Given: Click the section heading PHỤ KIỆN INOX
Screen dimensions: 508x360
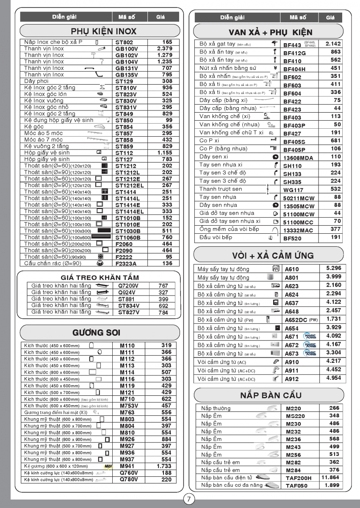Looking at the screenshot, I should (103, 31).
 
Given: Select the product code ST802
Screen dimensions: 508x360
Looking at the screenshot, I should (124, 42).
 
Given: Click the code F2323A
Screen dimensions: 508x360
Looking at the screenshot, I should (126, 263).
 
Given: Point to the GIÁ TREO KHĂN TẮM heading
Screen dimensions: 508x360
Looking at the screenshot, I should (100, 278).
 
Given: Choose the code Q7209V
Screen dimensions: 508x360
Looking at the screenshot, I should (129, 286).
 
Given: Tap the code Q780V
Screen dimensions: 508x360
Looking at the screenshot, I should (129, 480).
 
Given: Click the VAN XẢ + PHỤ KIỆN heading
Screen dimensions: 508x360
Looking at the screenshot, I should (271, 32).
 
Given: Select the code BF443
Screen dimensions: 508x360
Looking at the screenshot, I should (292, 45).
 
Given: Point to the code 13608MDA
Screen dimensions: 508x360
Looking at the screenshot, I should (298, 157).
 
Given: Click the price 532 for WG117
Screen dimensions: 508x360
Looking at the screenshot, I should (335, 189).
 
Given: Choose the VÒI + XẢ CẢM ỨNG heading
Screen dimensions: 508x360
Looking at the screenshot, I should (273, 255).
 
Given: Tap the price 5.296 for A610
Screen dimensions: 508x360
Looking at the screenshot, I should (333, 268).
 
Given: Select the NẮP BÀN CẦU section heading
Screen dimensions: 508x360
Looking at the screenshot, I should (271, 395).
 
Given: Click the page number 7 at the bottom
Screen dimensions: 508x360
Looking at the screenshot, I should (189, 499).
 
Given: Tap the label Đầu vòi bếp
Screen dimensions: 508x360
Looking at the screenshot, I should (216, 237).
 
